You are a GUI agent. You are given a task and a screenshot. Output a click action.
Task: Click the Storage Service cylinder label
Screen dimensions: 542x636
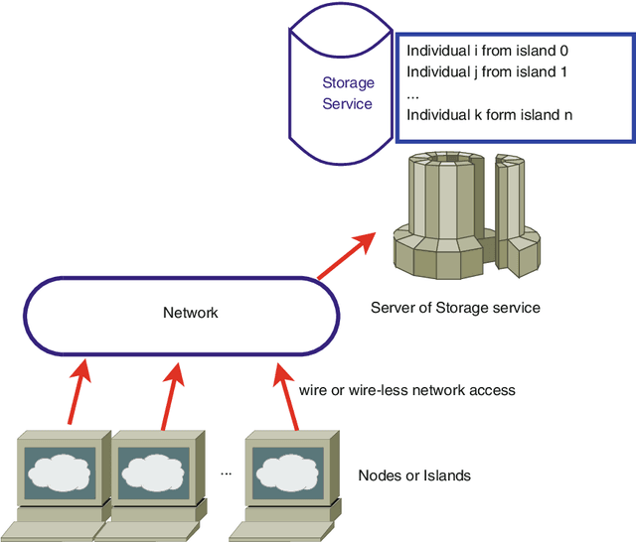point(347,93)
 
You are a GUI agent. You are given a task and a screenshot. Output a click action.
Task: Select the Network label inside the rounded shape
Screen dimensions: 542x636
point(190,313)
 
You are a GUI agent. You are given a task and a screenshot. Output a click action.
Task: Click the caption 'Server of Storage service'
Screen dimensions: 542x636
point(455,308)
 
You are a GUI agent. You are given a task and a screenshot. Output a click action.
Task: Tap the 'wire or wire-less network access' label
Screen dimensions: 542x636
point(407,390)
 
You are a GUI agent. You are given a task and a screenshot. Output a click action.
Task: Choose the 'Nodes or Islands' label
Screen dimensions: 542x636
point(414,475)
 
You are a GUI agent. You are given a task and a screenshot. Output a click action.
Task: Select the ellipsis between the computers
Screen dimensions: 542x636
point(226,474)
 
